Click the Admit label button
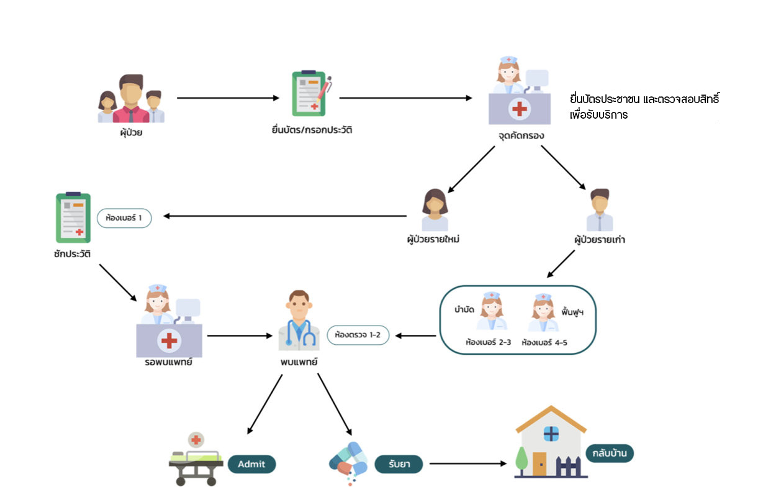(251, 464)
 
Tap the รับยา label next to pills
(399, 464)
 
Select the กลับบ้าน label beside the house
(610, 453)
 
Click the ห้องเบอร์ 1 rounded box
(124, 218)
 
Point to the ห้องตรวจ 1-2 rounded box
(358, 335)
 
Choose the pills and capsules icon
(348, 462)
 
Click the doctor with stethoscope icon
(299, 320)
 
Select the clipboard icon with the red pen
(311, 94)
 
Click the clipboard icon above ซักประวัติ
(73, 217)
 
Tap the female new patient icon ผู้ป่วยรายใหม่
(435, 210)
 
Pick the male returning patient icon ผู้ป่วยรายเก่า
(600, 210)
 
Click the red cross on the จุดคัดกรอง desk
(519, 109)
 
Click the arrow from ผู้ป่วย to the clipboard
(228, 98)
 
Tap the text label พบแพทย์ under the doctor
(299, 362)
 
